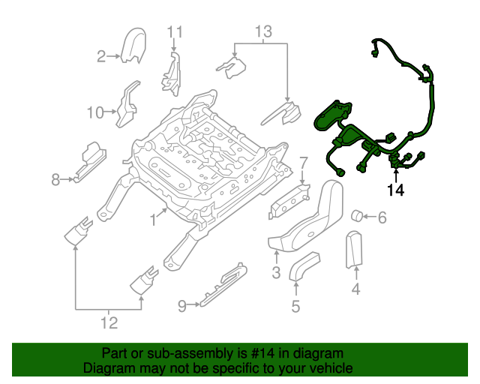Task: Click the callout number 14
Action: (x=395, y=190)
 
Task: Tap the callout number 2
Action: (x=101, y=55)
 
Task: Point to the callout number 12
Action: (x=109, y=323)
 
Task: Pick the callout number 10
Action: (x=95, y=113)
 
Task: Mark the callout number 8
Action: (x=55, y=179)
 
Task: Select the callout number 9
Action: (x=181, y=304)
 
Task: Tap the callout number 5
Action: (x=295, y=305)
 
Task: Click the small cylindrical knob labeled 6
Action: (x=358, y=217)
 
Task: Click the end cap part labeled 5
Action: (x=303, y=266)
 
